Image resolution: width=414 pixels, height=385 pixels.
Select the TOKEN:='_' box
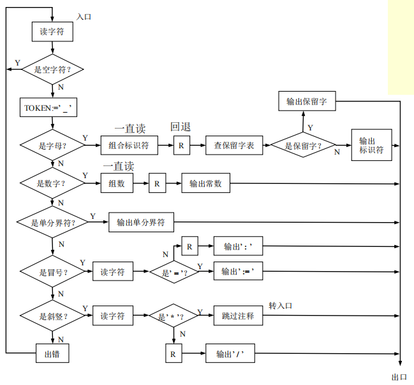point(50,108)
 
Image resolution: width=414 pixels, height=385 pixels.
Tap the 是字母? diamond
point(52,146)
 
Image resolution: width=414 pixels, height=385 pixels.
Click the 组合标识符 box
point(128,146)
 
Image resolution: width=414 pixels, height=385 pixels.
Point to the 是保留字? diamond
point(303,146)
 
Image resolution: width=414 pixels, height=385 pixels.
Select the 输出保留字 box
point(307,101)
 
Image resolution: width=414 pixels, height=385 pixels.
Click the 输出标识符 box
point(371,145)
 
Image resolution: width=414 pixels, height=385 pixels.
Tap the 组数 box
point(117,184)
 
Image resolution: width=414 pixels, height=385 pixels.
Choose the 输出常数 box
point(205,184)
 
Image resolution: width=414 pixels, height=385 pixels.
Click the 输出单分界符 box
point(141,223)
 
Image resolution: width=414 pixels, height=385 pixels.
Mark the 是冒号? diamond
point(52,272)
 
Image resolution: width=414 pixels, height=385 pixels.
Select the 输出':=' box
point(238,272)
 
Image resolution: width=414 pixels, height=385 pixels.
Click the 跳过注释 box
point(238,315)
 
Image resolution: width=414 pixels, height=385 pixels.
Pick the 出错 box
point(52,354)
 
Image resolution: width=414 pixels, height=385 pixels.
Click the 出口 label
point(399,377)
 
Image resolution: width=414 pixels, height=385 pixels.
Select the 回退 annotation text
point(181,127)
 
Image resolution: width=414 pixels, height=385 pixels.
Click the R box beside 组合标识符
point(181,146)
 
